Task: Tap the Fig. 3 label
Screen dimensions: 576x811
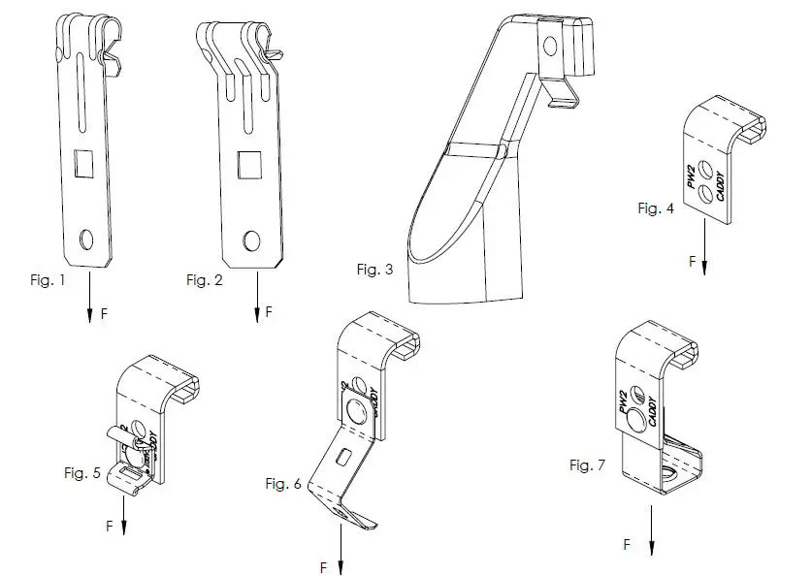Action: (373, 270)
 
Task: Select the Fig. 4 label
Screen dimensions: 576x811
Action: (656, 208)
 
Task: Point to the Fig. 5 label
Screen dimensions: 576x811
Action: (82, 473)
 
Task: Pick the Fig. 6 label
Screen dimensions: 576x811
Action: (283, 482)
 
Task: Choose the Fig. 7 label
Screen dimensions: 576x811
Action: (588, 465)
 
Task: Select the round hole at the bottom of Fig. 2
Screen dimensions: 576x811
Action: (252, 239)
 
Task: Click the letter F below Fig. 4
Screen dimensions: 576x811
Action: (692, 262)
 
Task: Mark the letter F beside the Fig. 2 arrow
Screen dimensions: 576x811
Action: (269, 312)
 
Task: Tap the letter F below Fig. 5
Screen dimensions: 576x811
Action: (107, 527)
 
